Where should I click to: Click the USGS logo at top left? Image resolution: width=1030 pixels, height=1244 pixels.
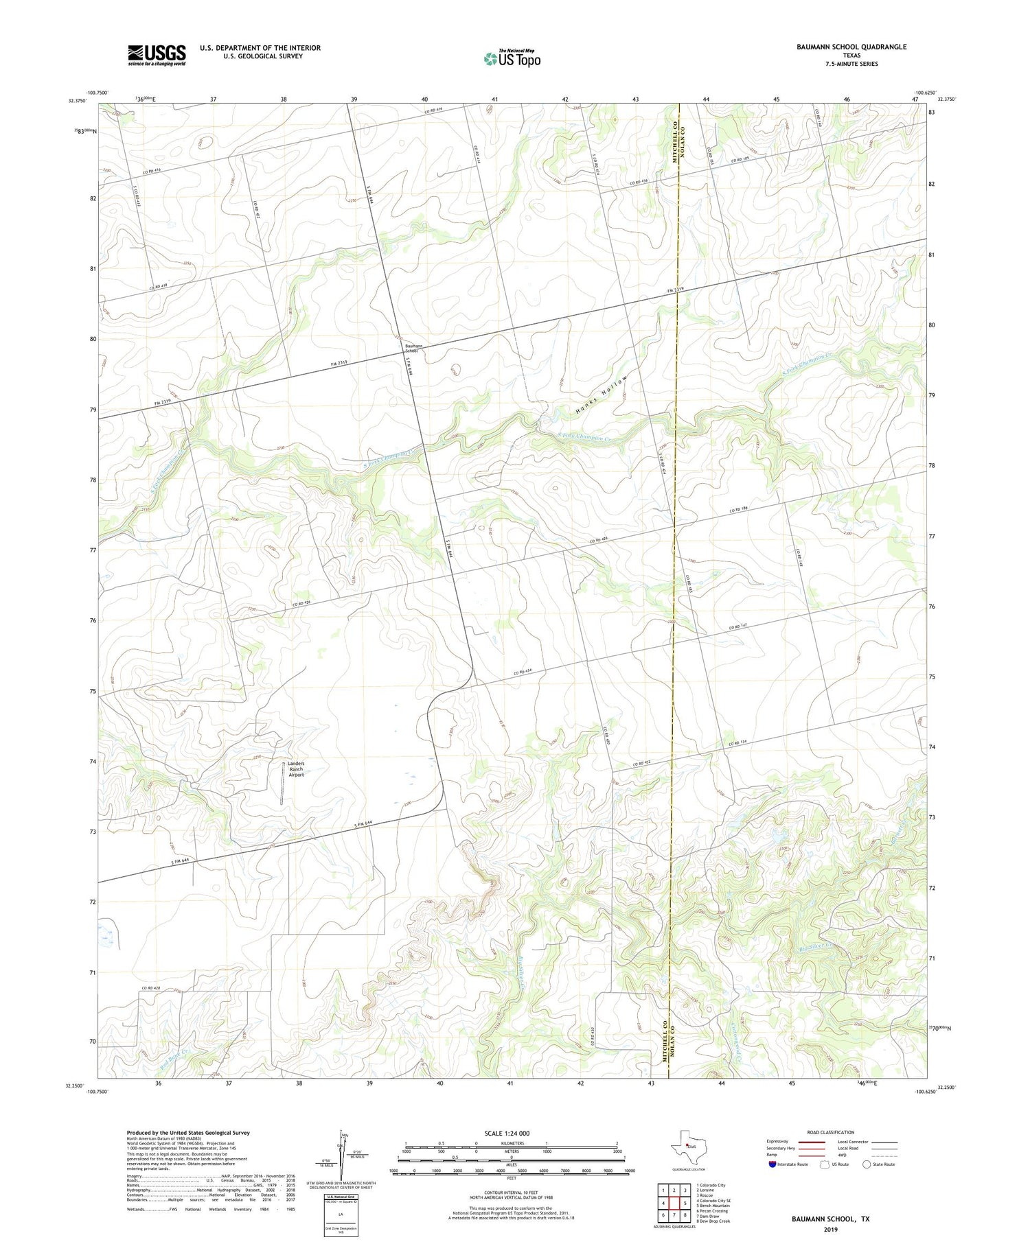[x=157, y=55]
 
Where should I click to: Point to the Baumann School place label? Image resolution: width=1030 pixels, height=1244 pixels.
[x=414, y=348]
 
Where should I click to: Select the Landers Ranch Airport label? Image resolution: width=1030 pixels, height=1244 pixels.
[x=295, y=768]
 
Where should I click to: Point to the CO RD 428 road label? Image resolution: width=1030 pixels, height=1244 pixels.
[x=152, y=988]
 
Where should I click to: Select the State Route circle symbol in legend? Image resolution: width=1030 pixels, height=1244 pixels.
[x=867, y=1164]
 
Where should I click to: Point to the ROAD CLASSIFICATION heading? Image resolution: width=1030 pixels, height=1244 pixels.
[x=831, y=1132]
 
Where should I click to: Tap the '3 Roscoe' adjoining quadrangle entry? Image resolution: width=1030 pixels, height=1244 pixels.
[x=707, y=1195]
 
